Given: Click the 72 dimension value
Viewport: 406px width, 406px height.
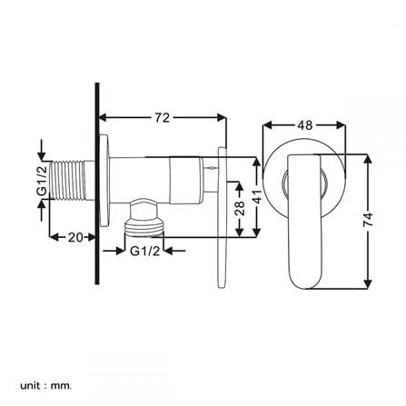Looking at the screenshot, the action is click(x=163, y=118).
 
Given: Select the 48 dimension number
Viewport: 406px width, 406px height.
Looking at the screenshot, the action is click(x=304, y=125).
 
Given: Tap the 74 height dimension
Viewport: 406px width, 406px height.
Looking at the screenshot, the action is click(x=368, y=220).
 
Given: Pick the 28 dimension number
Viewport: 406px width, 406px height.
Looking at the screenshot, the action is click(x=240, y=208).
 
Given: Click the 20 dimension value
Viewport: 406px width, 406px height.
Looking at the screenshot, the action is click(x=75, y=237).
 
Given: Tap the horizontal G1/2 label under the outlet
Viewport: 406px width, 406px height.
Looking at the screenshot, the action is click(x=144, y=251).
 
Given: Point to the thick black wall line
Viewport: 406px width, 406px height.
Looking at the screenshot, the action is click(x=97, y=183).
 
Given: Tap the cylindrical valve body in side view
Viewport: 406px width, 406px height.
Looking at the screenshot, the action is click(x=155, y=180).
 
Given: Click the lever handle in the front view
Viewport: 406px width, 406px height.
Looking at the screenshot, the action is click(x=303, y=222).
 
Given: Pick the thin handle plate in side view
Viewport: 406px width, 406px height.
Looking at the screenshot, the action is click(x=222, y=217).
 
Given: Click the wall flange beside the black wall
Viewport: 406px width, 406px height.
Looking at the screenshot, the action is click(x=104, y=181).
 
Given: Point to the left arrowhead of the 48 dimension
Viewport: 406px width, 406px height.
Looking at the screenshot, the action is click(x=266, y=125).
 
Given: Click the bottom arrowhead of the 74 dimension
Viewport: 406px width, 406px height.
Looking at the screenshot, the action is click(x=368, y=284).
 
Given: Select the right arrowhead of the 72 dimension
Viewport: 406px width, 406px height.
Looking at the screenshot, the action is click(x=222, y=118).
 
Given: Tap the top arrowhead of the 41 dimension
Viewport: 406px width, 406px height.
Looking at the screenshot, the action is click(x=256, y=162).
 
